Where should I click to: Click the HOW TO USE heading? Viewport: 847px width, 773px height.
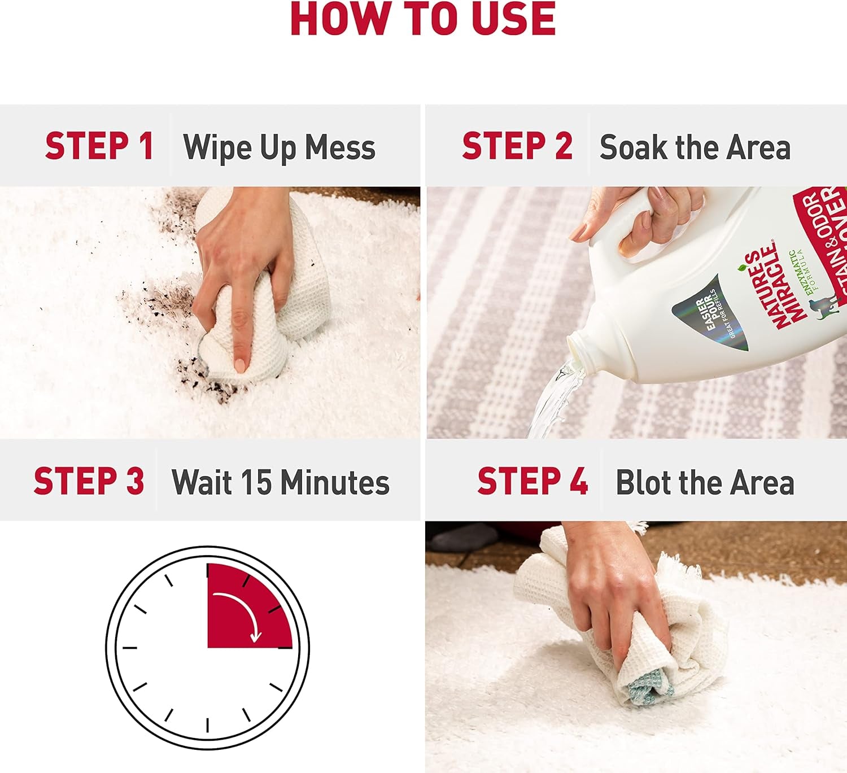pos(423,19)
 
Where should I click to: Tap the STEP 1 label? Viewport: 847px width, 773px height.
pos(99,147)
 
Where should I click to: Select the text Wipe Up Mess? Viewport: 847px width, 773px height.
pos(279,147)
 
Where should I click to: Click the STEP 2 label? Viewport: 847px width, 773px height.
pos(517,147)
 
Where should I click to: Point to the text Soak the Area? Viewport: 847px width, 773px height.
pos(695,147)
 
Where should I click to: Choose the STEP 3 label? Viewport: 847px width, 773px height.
pos(89,482)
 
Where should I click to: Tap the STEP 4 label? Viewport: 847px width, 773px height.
pos(532,482)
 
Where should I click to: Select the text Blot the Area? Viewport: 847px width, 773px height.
pos(705,482)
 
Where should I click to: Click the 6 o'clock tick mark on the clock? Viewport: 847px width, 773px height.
pos(208,725)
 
